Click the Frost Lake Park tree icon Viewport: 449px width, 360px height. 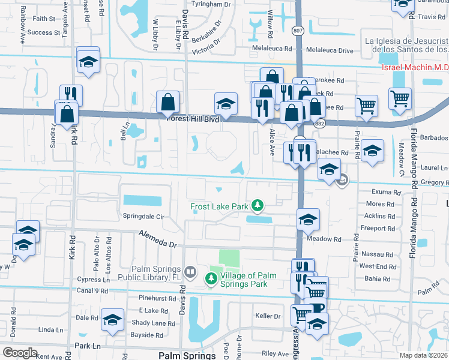[x=258, y=206]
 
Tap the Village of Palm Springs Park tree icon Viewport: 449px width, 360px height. [x=211, y=279]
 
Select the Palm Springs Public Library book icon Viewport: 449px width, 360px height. [x=190, y=272]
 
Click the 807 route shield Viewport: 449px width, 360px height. [x=298, y=30]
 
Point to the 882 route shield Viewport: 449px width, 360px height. [x=319, y=123]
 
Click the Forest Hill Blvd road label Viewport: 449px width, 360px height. [x=193, y=119]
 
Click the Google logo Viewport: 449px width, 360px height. [x=20, y=352]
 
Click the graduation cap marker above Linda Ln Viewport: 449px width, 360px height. [x=112, y=319]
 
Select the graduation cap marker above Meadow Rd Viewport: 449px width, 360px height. [x=309, y=220]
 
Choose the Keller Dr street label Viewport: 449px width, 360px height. [x=268, y=316]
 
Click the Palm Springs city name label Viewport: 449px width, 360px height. [x=187, y=355]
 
